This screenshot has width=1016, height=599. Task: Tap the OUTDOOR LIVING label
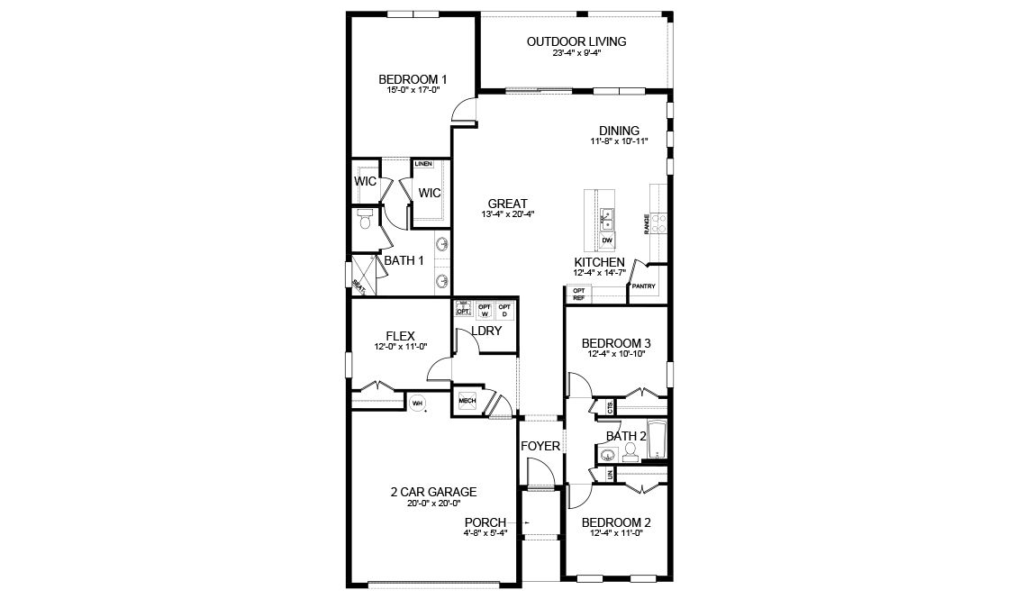click(576, 41)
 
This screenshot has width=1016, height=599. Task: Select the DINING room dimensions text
click(619, 142)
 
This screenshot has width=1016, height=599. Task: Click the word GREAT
click(508, 204)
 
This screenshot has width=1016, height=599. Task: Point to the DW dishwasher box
click(607, 241)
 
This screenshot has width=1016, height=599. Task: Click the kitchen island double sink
click(607, 217)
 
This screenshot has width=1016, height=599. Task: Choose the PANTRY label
click(643, 286)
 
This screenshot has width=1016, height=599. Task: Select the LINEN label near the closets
click(423, 164)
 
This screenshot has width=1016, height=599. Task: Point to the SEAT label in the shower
click(358, 286)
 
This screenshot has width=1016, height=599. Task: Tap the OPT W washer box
click(485, 310)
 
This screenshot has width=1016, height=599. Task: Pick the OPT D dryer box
click(504, 310)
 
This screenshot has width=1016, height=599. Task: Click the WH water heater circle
click(417, 404)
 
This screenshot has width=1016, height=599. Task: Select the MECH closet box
click(467, 400)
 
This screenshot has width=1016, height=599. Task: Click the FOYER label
click(540, 446)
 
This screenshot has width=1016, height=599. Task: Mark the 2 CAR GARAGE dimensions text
click(433, 504)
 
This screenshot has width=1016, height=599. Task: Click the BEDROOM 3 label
click(616, 343)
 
